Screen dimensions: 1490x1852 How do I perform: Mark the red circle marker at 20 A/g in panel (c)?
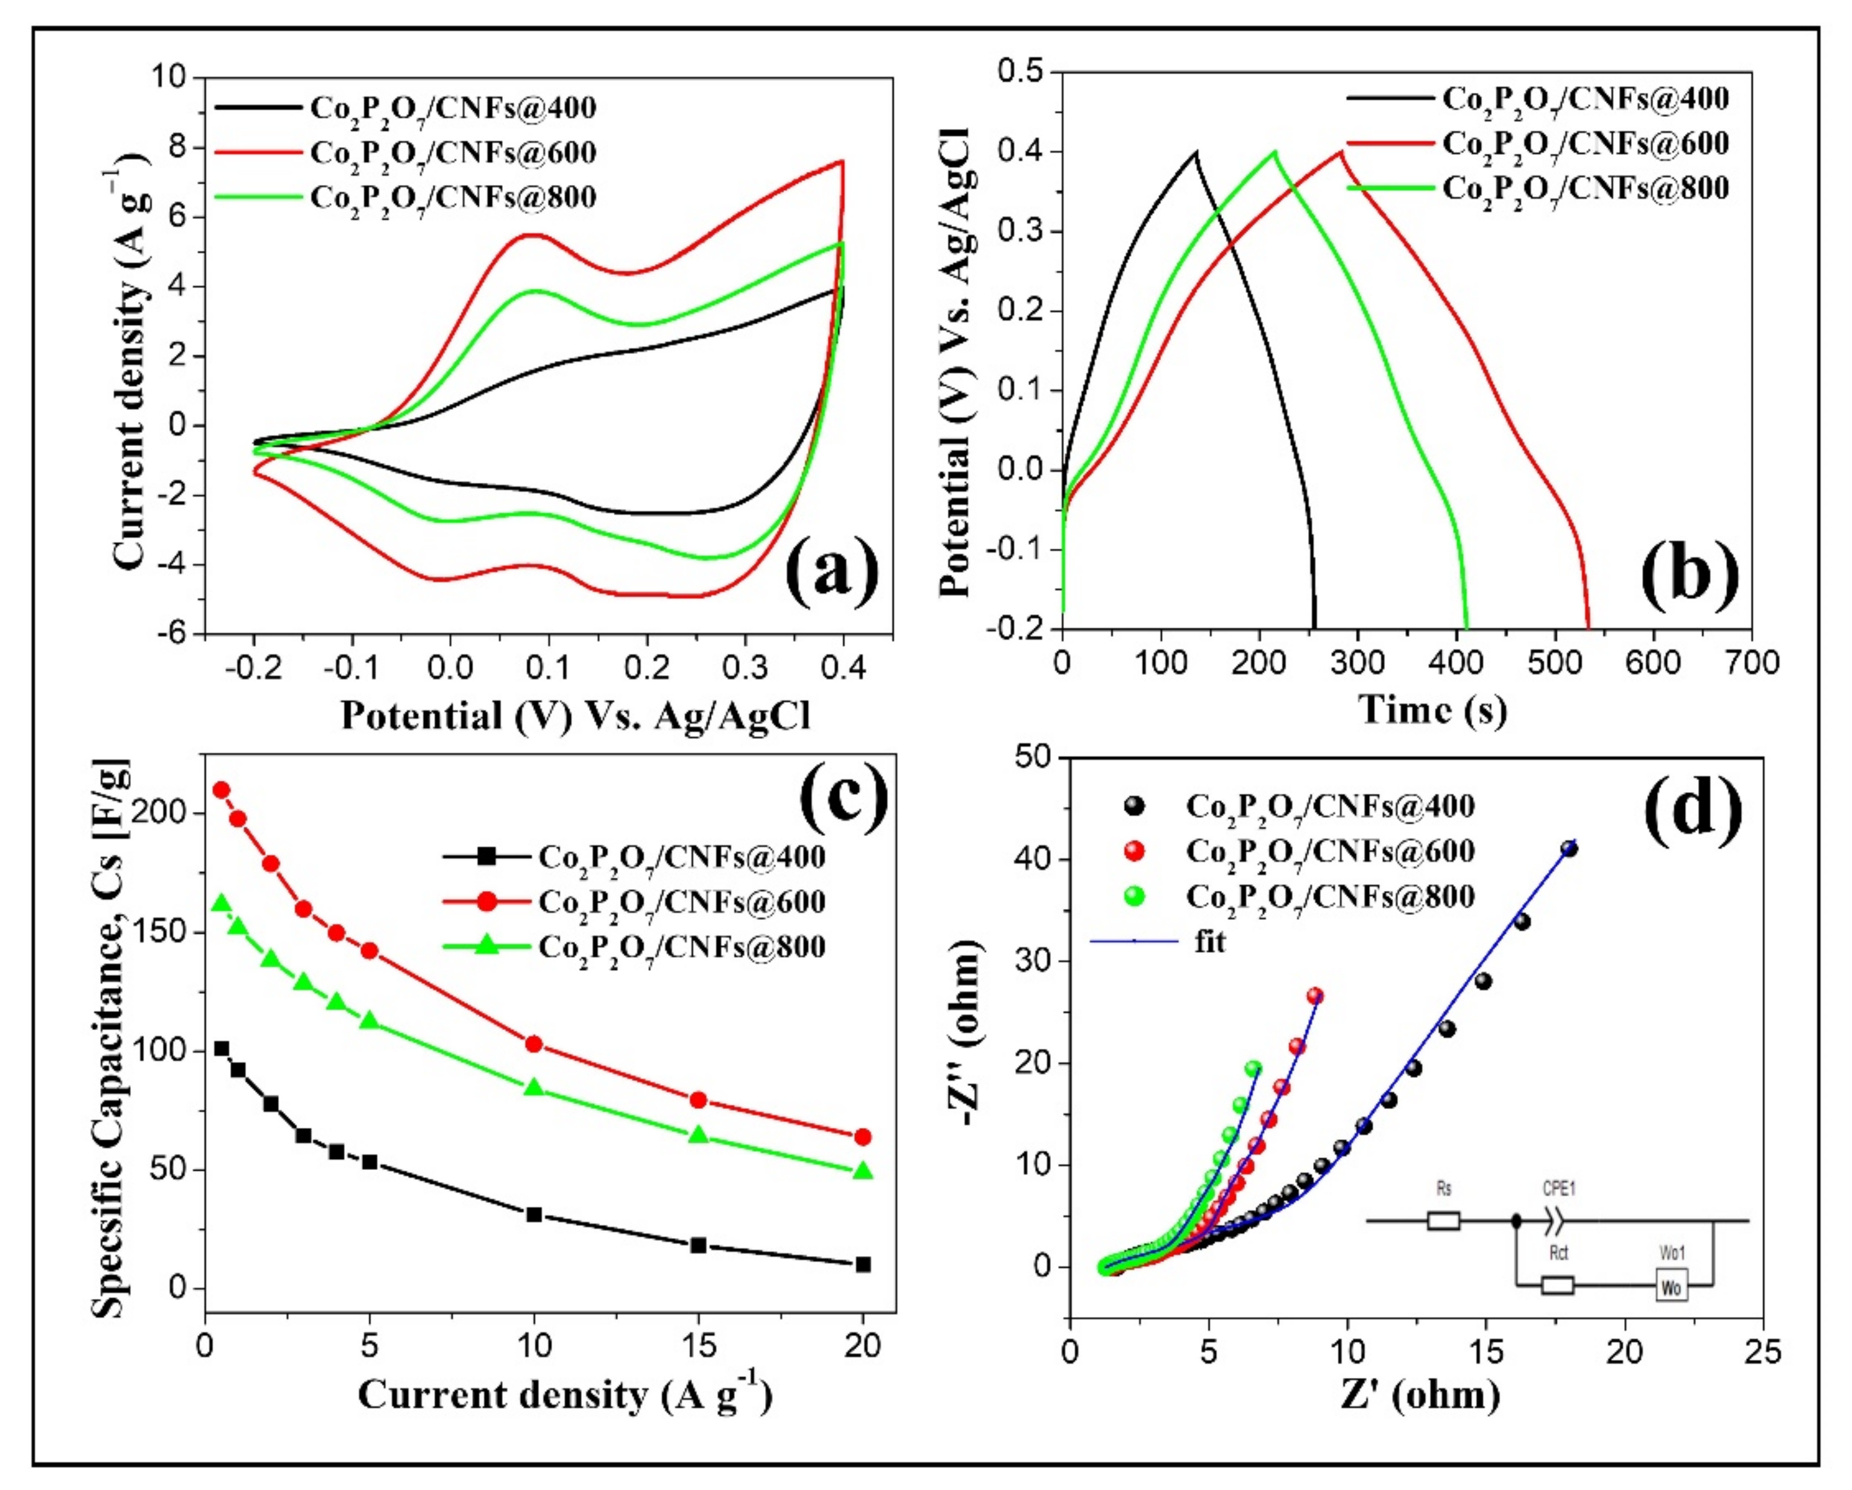(863, 1137)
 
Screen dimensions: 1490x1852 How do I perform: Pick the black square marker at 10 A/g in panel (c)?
(534, 1215)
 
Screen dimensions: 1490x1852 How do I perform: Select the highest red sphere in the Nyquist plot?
(1314, 996)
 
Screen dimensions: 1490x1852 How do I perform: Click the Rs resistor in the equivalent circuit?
(1443, 1221)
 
